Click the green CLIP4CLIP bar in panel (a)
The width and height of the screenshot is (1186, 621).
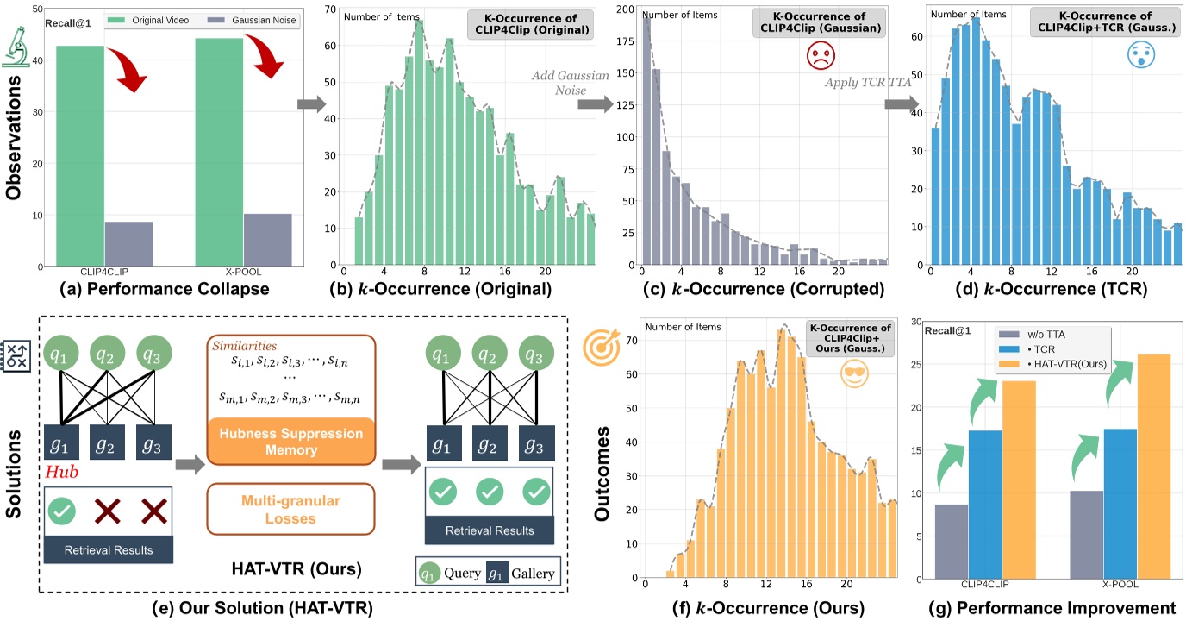click(80, 155)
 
